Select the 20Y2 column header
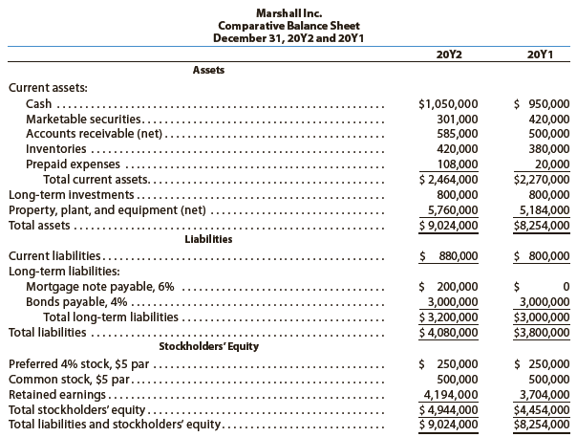click(448, 54)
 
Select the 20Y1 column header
click(541, 54)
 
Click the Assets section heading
click(209, 70)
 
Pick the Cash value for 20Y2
click(449, 103)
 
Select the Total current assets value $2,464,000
click(449, 179)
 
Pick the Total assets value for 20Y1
click(542, 225)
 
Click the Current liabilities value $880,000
click(449, 256)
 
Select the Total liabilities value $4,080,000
click(449, 332)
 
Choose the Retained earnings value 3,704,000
click(542, 393)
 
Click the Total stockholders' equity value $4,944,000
click(449, 408)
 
